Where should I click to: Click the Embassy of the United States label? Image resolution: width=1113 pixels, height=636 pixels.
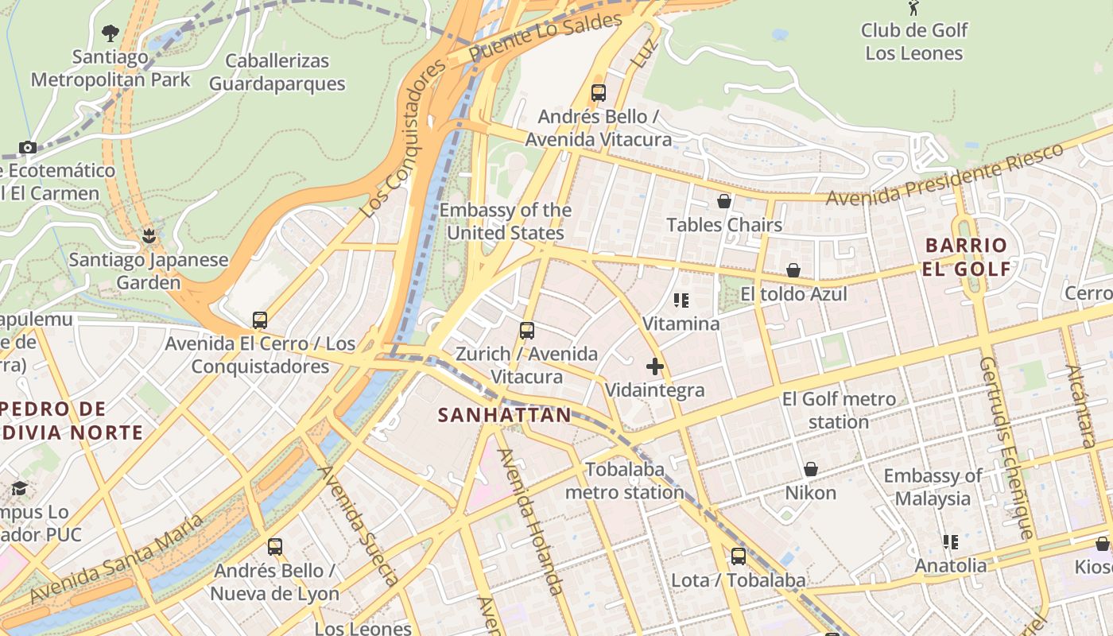point(505,222)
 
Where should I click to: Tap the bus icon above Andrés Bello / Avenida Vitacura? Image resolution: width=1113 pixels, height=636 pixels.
point(599,93)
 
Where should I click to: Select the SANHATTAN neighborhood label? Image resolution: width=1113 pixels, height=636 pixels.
point(505,415)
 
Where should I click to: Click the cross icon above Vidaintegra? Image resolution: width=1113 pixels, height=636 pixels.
point(655,366)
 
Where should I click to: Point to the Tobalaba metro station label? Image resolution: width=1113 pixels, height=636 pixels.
point(624,481)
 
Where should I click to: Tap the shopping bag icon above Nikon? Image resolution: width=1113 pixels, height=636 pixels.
point(811,469)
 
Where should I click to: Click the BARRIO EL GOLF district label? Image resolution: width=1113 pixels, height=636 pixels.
point(967,257)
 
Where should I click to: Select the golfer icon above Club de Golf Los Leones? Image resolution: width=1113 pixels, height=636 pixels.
point(913,9)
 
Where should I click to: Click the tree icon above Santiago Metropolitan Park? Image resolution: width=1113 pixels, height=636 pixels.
point(111,33)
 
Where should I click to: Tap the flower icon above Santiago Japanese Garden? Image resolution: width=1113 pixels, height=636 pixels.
point(148,236)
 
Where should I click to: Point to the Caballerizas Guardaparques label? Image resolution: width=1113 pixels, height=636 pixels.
point(277,72)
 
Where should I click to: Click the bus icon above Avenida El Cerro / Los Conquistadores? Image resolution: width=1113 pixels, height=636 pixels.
point(260,320)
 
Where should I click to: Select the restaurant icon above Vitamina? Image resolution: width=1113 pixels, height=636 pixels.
point(681,301)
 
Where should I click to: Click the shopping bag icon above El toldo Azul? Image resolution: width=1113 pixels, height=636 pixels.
point(793,271)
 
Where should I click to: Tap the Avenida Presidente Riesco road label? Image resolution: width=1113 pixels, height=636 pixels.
point(944,175)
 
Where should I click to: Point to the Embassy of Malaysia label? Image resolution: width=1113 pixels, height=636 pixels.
point(933,487)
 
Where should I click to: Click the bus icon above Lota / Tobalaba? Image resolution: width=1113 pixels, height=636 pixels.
point(739,556)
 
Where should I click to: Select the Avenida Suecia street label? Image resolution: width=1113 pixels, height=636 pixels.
point(359,525)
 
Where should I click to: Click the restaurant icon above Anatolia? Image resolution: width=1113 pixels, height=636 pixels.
point(950,542)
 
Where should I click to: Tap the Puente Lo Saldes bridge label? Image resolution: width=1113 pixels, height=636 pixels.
point(545,38)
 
